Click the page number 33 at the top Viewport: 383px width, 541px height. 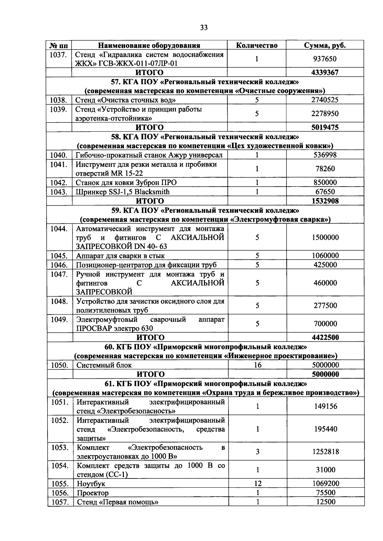204,28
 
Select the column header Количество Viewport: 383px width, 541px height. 257,45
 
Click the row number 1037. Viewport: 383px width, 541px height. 58,55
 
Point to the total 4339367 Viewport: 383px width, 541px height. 325,72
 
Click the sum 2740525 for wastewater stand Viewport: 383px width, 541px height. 325,100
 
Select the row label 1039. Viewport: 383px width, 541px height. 58,109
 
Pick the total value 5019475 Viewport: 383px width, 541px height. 325,128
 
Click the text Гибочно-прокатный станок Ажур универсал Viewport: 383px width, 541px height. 149,155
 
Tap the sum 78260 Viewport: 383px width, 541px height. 325,169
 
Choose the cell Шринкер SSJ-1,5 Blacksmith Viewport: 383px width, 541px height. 123,192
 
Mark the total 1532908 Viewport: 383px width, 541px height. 325,201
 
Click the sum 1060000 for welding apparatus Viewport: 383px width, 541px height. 325,256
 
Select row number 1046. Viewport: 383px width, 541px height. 59,265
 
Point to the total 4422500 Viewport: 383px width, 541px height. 325,337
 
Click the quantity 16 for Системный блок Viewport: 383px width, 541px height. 258,365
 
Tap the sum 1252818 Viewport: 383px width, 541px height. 326,452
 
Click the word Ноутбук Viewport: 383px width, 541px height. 91,484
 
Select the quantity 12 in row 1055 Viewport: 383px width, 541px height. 258,484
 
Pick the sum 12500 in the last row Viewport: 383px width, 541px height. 326,502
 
